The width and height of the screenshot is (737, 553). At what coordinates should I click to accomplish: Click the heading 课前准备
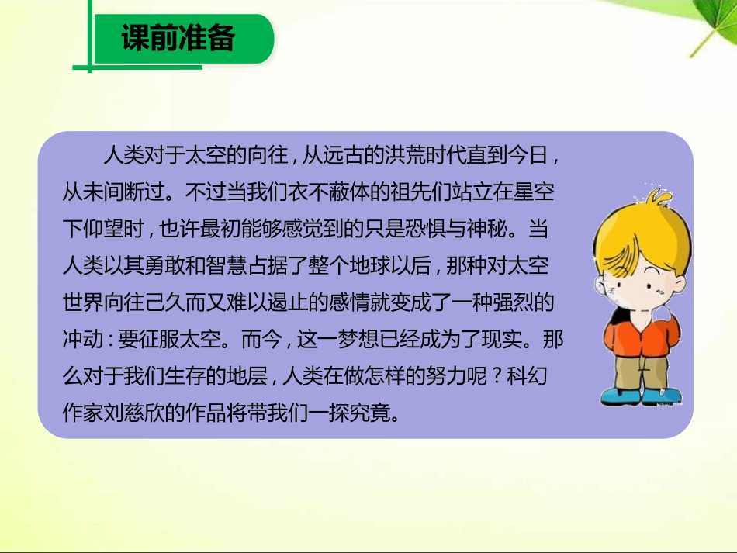178,37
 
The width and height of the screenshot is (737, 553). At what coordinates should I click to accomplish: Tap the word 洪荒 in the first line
405,155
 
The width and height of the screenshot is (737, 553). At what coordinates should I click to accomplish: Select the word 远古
343,155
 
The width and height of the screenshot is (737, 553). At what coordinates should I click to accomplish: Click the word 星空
534,192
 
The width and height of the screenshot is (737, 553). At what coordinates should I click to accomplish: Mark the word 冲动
83,339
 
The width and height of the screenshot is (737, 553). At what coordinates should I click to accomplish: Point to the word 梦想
358,339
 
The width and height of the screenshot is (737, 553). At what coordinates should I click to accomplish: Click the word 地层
247,376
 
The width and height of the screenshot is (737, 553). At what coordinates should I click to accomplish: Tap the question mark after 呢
497,376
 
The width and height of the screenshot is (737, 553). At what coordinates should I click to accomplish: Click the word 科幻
527,376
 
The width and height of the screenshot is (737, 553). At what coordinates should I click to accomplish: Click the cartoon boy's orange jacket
641,337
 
